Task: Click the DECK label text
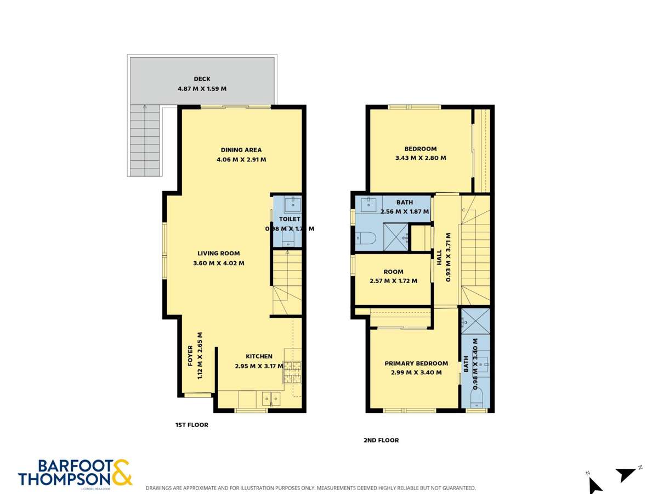click(202, 79)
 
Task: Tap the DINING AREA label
click(241, 149)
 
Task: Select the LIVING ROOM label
click(219, 254)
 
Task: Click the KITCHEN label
click(259, 356)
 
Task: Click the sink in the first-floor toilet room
click(293, 204)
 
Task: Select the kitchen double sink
click(271, 399)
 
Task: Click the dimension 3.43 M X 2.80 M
click(421, 158)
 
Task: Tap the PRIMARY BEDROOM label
click(416, 363)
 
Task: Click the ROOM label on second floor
click(393, 272)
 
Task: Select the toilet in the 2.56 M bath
click(366, 238)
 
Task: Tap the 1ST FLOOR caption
click(191, 425)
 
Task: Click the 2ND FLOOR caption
click(381, 440)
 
